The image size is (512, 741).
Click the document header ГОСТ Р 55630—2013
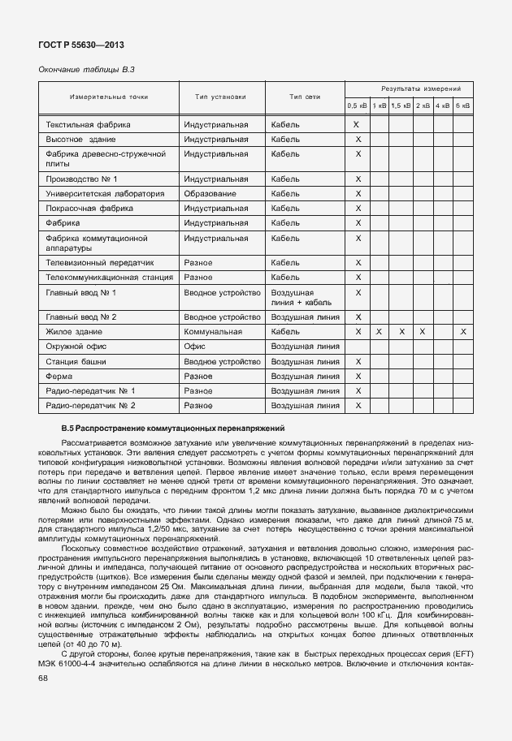pos(81,45)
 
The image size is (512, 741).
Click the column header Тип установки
pos(220,97)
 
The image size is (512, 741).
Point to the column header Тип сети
pos(305,97)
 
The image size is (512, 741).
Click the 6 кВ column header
pos(462,106)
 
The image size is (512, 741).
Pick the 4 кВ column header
pos(442,106)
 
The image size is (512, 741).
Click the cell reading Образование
pos(210,194)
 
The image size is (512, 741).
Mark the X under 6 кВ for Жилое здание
pos(462,332)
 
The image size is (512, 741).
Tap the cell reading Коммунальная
pos(214,332)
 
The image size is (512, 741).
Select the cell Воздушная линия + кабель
pos(301,297)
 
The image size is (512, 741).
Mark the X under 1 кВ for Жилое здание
pos(379,332)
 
